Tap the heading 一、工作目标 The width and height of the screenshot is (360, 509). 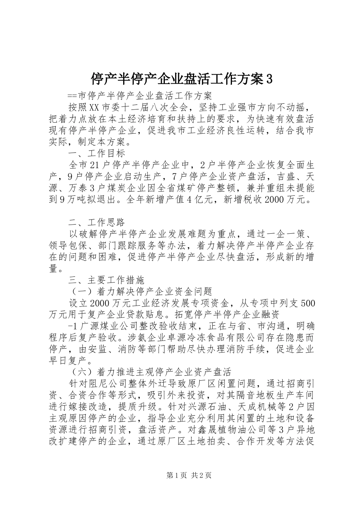tap(97, 153)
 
